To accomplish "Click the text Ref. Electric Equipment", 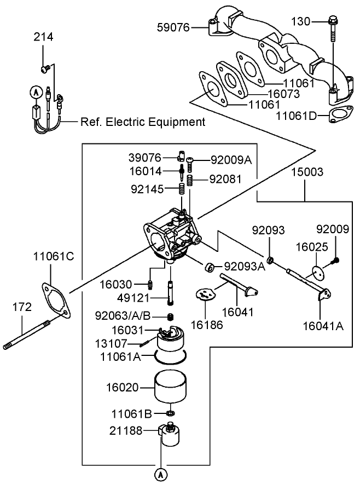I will click(x=143, y=122).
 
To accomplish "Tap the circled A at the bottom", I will click(x=161, y=472).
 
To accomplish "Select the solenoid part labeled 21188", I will click(x=169, y=433).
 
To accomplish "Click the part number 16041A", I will click(x=323, y=327).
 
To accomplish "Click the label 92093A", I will click(x=245, y=267).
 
